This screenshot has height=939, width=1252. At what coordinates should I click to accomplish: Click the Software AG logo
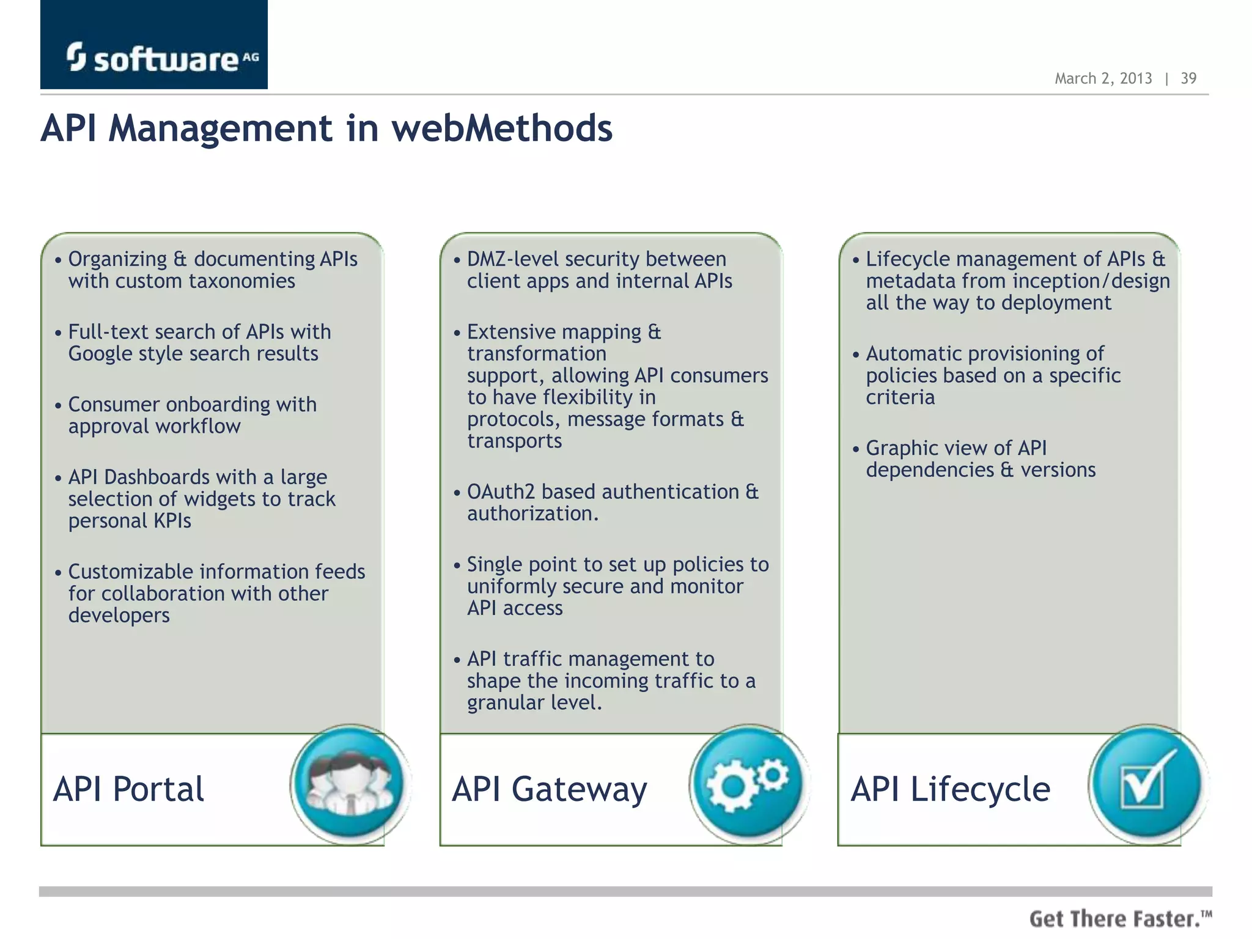(154, 57)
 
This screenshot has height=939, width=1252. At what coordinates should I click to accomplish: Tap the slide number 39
(1188, 78)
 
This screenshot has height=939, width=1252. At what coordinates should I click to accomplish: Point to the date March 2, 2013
(1103, 78)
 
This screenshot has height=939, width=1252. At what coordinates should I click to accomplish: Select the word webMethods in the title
(501, 128)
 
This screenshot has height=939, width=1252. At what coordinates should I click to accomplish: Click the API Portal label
(128, 789)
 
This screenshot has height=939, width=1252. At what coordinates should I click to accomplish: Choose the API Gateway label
(549, 789)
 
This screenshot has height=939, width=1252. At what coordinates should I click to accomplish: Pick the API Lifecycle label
(951, 789)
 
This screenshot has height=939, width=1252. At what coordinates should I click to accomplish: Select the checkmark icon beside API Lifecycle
(1147, 784)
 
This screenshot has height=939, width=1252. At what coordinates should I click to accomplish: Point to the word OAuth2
(501, 492)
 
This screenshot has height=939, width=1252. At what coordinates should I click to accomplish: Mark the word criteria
(900, 397)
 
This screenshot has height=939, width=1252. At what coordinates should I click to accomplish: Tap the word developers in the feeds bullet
(119, 615)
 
